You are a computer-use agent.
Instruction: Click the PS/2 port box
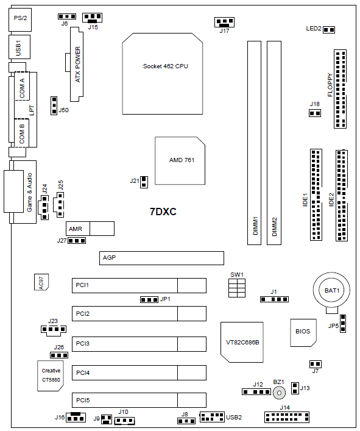[x=20, y=20]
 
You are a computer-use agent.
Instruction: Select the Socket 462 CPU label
[x=165, y=66]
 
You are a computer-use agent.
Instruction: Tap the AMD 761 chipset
[x=180, y=160]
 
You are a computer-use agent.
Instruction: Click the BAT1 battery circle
[x=332, y=290]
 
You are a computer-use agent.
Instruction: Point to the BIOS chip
[x=303, y=333]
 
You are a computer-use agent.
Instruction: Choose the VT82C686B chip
[x=242, y=342]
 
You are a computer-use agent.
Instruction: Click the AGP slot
[x=161, y=258]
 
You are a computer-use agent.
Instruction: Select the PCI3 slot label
[x=83, y=344]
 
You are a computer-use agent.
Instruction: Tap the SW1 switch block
[x=237, y=288]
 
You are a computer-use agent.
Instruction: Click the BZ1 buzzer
[x=279, y=393]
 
